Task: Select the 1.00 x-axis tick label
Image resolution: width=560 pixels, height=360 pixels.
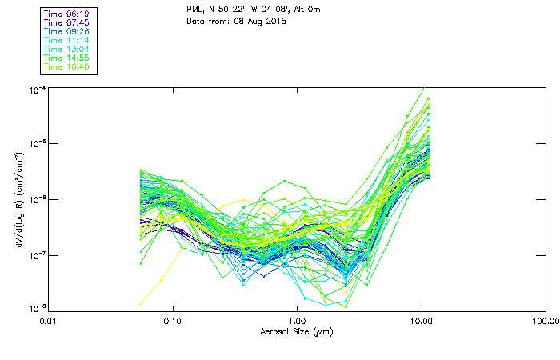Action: click(297, 320)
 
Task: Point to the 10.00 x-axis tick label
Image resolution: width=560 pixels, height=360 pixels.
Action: click(421, 320)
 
